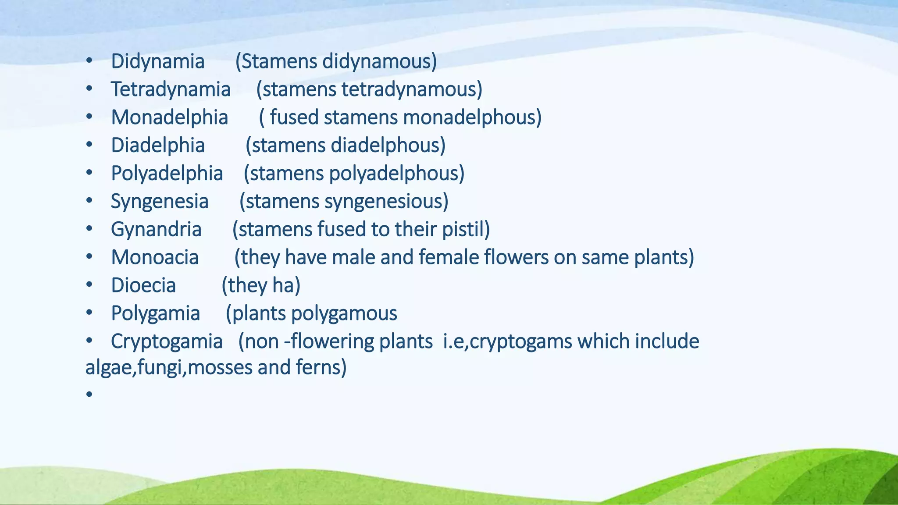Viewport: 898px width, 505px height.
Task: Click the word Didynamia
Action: tap(157, 61)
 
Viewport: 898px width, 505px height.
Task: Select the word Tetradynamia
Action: tap(170, 89)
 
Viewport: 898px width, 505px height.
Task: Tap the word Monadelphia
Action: tap(169, 117)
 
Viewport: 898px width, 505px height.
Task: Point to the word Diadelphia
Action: tap(157, 146)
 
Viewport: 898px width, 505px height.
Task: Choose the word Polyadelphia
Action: tap(167, 174)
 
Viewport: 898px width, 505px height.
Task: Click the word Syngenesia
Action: tap(159, 202)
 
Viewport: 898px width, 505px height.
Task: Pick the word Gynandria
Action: tap(156, 230)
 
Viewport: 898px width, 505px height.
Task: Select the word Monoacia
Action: tap(154, 258)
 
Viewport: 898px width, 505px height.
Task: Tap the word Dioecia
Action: tap(143, 286)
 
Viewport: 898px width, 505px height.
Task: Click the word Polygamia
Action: tap(155, 314)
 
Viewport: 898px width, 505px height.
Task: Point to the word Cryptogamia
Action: tap(166, 342)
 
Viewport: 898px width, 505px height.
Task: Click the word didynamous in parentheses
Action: tap(379, 61)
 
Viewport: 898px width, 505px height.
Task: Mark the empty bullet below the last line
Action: tap(89, 394)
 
